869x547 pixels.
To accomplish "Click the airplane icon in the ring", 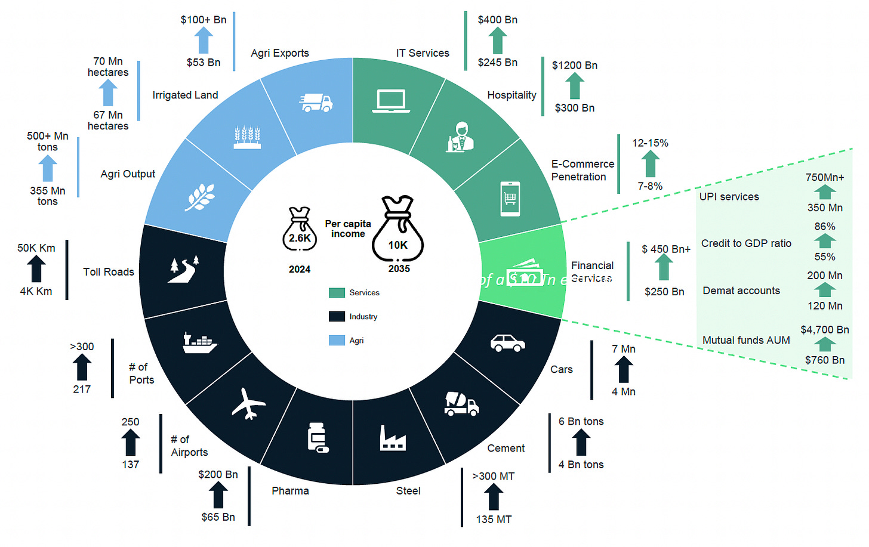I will [248, 404].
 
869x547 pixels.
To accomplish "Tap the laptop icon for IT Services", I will [391, 101].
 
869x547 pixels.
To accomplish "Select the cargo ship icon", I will [199, 343].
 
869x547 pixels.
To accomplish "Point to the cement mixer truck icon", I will [461, 404].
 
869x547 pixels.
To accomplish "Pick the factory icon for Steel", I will [393, 438].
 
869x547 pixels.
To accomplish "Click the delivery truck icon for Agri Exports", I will [316, 103].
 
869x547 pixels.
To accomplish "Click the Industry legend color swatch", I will [337, 316].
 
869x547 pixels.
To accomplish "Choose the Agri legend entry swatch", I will [337, 340].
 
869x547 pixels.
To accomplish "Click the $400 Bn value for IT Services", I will [497, 20].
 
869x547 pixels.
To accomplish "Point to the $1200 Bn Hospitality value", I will [574, 65].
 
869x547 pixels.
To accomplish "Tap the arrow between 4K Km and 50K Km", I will [36, 269].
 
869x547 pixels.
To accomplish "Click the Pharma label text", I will [290, 491].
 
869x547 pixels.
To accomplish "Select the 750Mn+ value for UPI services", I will [824, 177].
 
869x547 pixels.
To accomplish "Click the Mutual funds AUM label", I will [746, 340].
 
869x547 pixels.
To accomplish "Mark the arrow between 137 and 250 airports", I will [131, 443].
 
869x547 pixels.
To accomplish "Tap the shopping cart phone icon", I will [510, 199].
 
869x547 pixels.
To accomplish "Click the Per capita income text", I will [348, 228].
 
